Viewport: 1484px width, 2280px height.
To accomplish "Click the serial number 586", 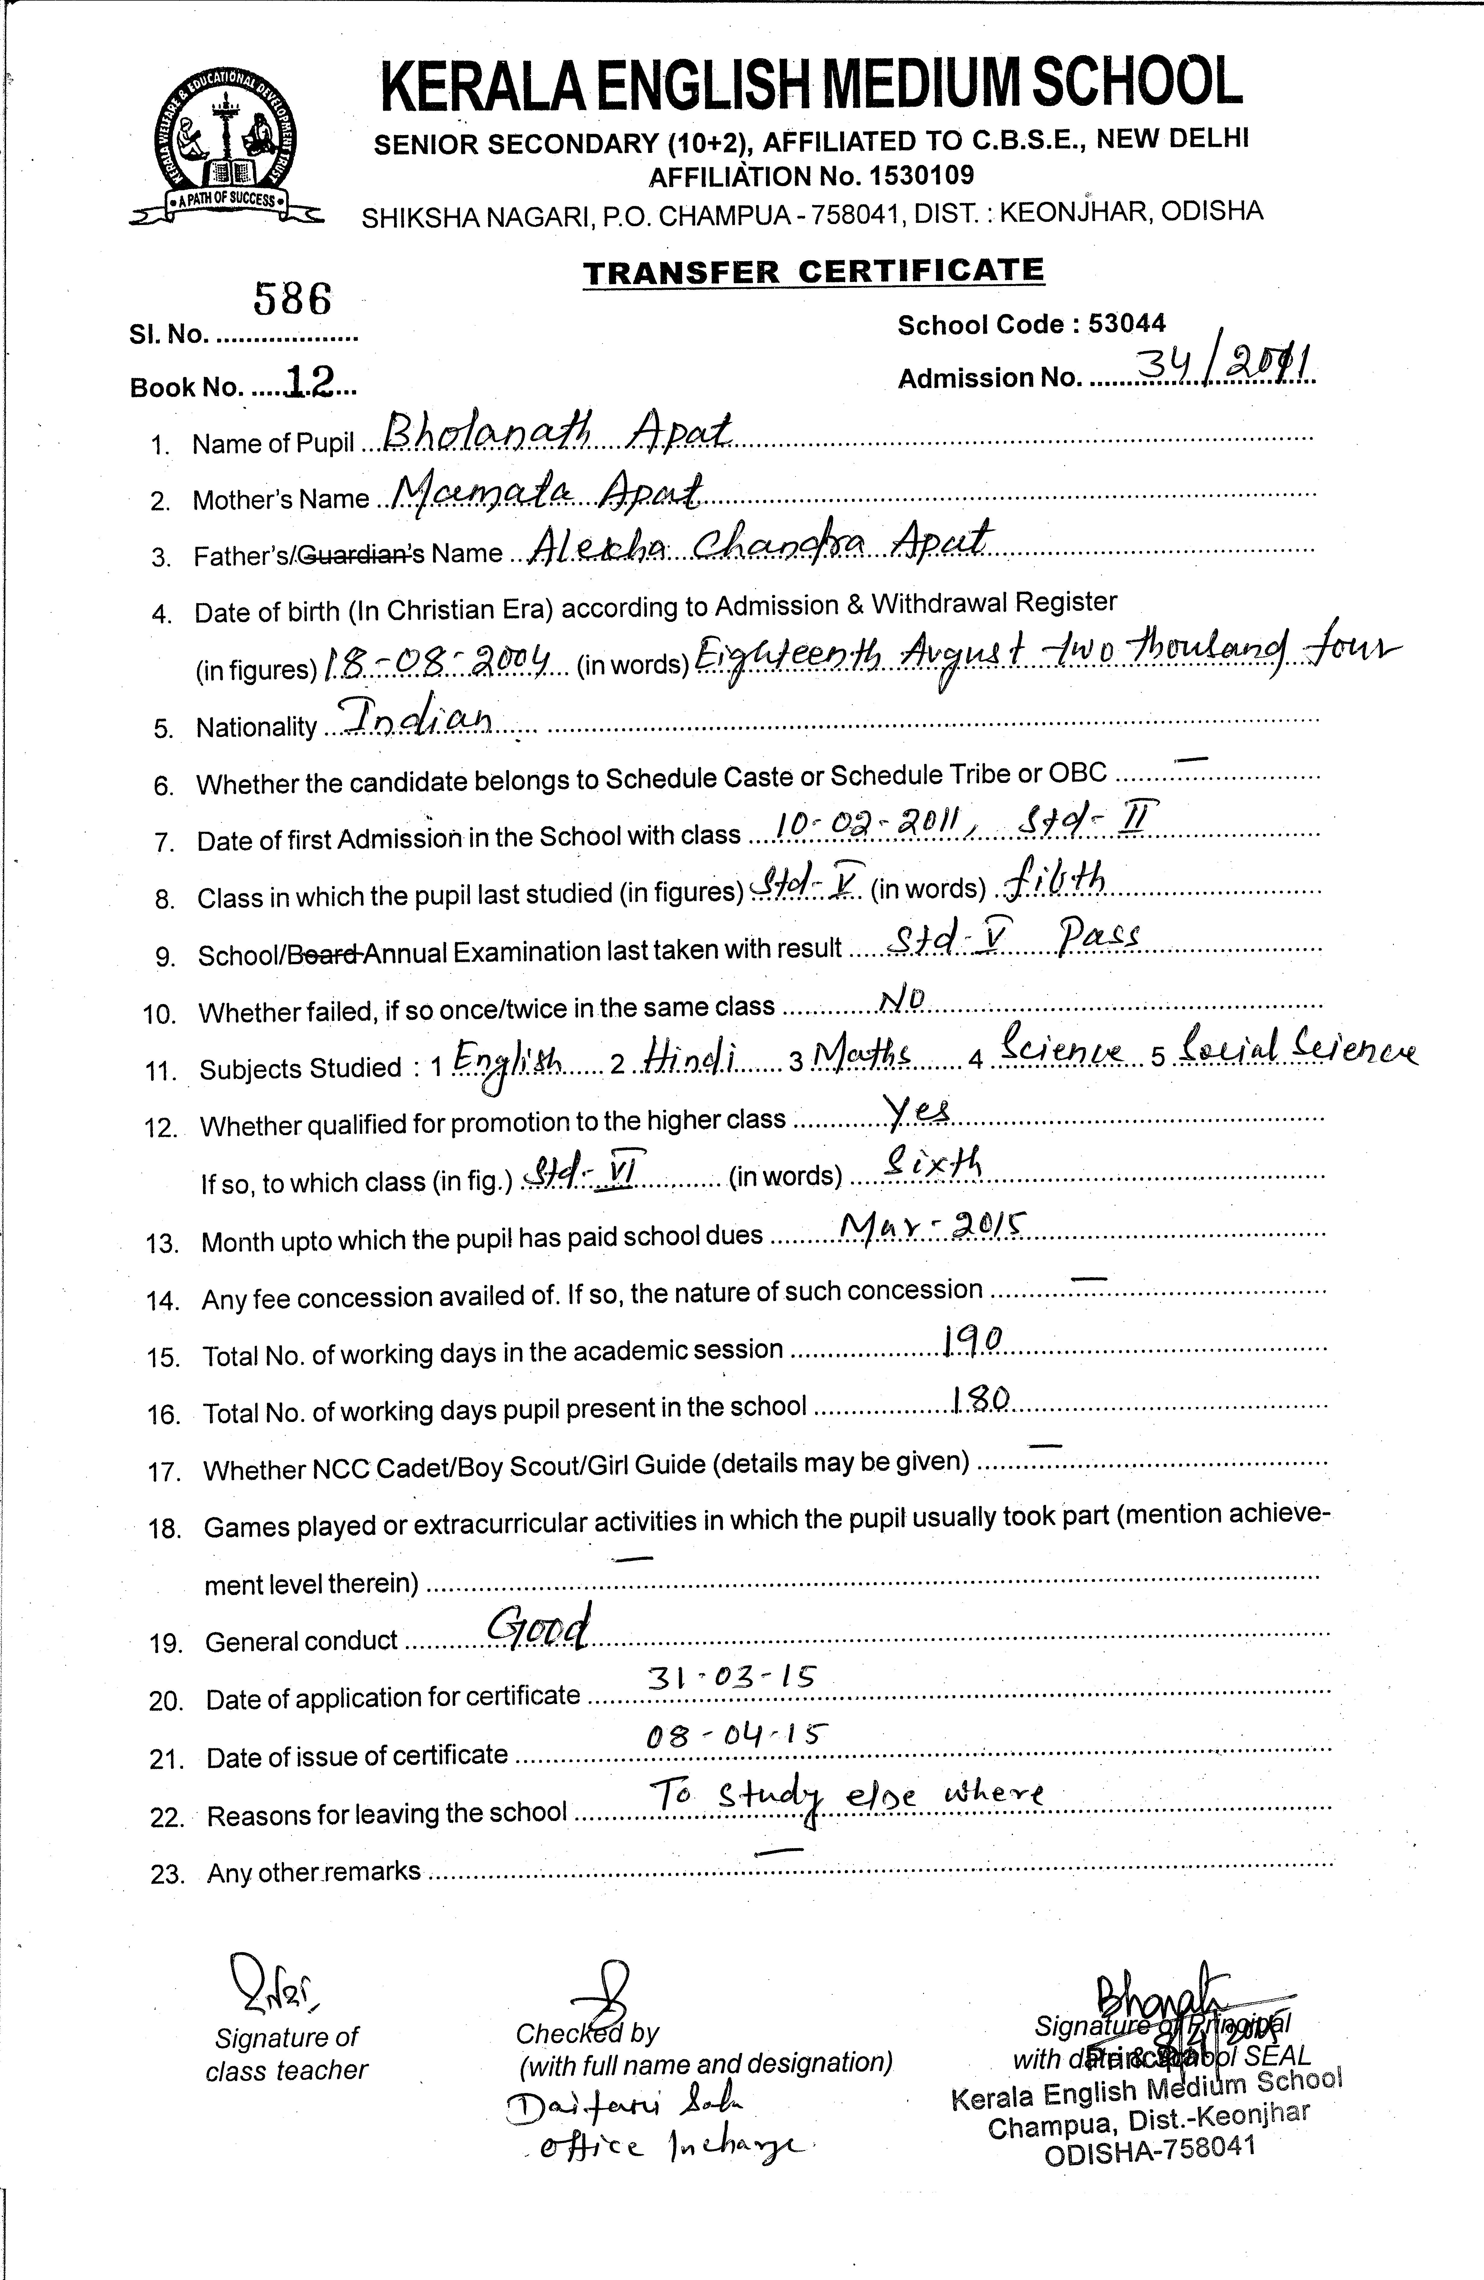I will pyautogui.click(x=292, y=300).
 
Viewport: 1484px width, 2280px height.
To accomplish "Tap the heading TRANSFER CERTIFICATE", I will pyautogui.click(x=813, y=271).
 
